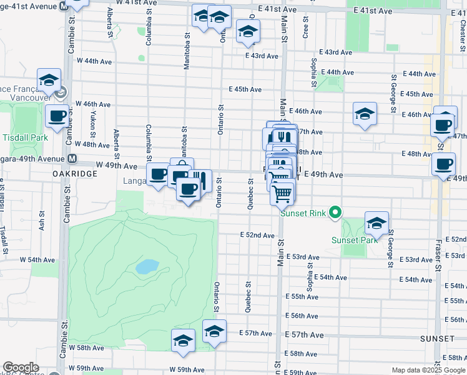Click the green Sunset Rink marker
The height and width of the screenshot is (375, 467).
click(335, 212)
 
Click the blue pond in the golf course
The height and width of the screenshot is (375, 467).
click(146, 267)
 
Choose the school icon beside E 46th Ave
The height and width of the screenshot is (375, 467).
click(365, 114)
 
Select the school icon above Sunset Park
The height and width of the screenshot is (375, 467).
click(376, 223)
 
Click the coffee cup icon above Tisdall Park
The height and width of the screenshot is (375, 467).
click(57, 116)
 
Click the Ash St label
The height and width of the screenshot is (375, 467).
click(42, 224)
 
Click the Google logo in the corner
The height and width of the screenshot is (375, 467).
click(21, 367)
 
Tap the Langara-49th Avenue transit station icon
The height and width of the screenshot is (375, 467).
click(72, 158)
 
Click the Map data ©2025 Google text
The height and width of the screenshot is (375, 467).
click(428, 370)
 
